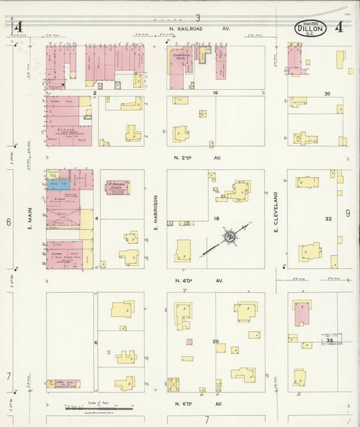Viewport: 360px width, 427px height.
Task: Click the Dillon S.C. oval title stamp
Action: pyautogui.click(x=310, y=28)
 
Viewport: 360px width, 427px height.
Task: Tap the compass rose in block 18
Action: pyautogui.click(x=230, y=236)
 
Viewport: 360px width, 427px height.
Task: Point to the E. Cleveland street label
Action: pyautogui.click(x=276, y=212)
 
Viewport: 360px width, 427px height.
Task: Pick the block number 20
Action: pyautogui.click(x=216, y=341)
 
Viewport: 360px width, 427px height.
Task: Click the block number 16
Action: pyautogui.click(x=216, y=93)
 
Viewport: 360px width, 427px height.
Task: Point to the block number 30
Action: pyautogui.click(x=328, y=93)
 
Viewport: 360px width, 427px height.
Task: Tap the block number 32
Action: pyautogui.click(x=328, y=219)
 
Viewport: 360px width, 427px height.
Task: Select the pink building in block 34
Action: pyautogui.click(x=302, y=314)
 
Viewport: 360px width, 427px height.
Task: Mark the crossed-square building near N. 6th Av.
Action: pyautogui.click(x=174, y=384)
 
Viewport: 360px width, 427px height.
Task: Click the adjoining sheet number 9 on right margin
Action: pyautogui.click(x=347, y=214)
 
